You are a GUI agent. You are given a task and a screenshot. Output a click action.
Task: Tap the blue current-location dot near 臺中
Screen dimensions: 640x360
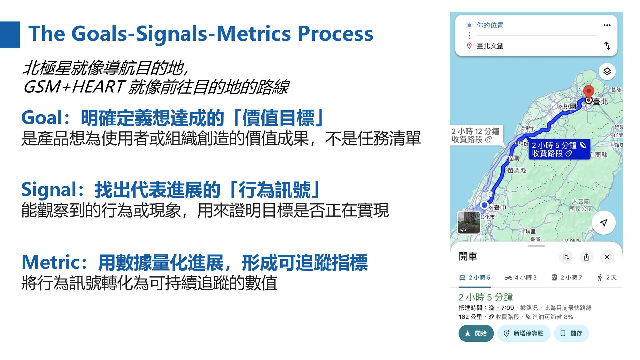pyautogui.click(x=484, y=205)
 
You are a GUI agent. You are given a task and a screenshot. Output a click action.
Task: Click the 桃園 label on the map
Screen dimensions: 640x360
pyautogui.click(x=570, y=106)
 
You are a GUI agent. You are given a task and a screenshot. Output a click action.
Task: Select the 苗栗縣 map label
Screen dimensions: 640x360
pyautogui.click(x=517, y=170)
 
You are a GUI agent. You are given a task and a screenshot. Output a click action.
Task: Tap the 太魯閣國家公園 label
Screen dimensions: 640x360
pyautogui.click(x=581, y=205)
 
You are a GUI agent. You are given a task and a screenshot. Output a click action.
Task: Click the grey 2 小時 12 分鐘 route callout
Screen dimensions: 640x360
pyautogui.click(x=476, y=135)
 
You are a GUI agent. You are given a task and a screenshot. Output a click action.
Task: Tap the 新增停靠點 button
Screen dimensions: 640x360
pyautogui.click(x=524, y=333)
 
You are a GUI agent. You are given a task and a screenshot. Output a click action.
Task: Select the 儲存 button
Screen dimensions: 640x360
pyautogui.click(x=571, y=333)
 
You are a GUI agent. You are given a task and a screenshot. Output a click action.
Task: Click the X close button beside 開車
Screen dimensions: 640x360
pyautogui.click(x=607, y=257)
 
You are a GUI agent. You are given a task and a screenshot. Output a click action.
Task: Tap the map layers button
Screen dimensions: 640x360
pyautogui.click(x=607, y=71)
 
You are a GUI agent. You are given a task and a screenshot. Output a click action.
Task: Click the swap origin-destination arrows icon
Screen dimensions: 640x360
pyautogui.click(x=607, y=46)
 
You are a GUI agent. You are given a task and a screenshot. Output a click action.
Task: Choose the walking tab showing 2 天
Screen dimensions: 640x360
pyautogui.click(x=607, y=278)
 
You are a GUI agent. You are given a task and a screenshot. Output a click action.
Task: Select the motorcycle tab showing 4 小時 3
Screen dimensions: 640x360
pyautogui.click(x=520, y=278)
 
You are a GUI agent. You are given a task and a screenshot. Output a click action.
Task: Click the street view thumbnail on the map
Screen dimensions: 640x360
pyautogui.click(x=469, y=223)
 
